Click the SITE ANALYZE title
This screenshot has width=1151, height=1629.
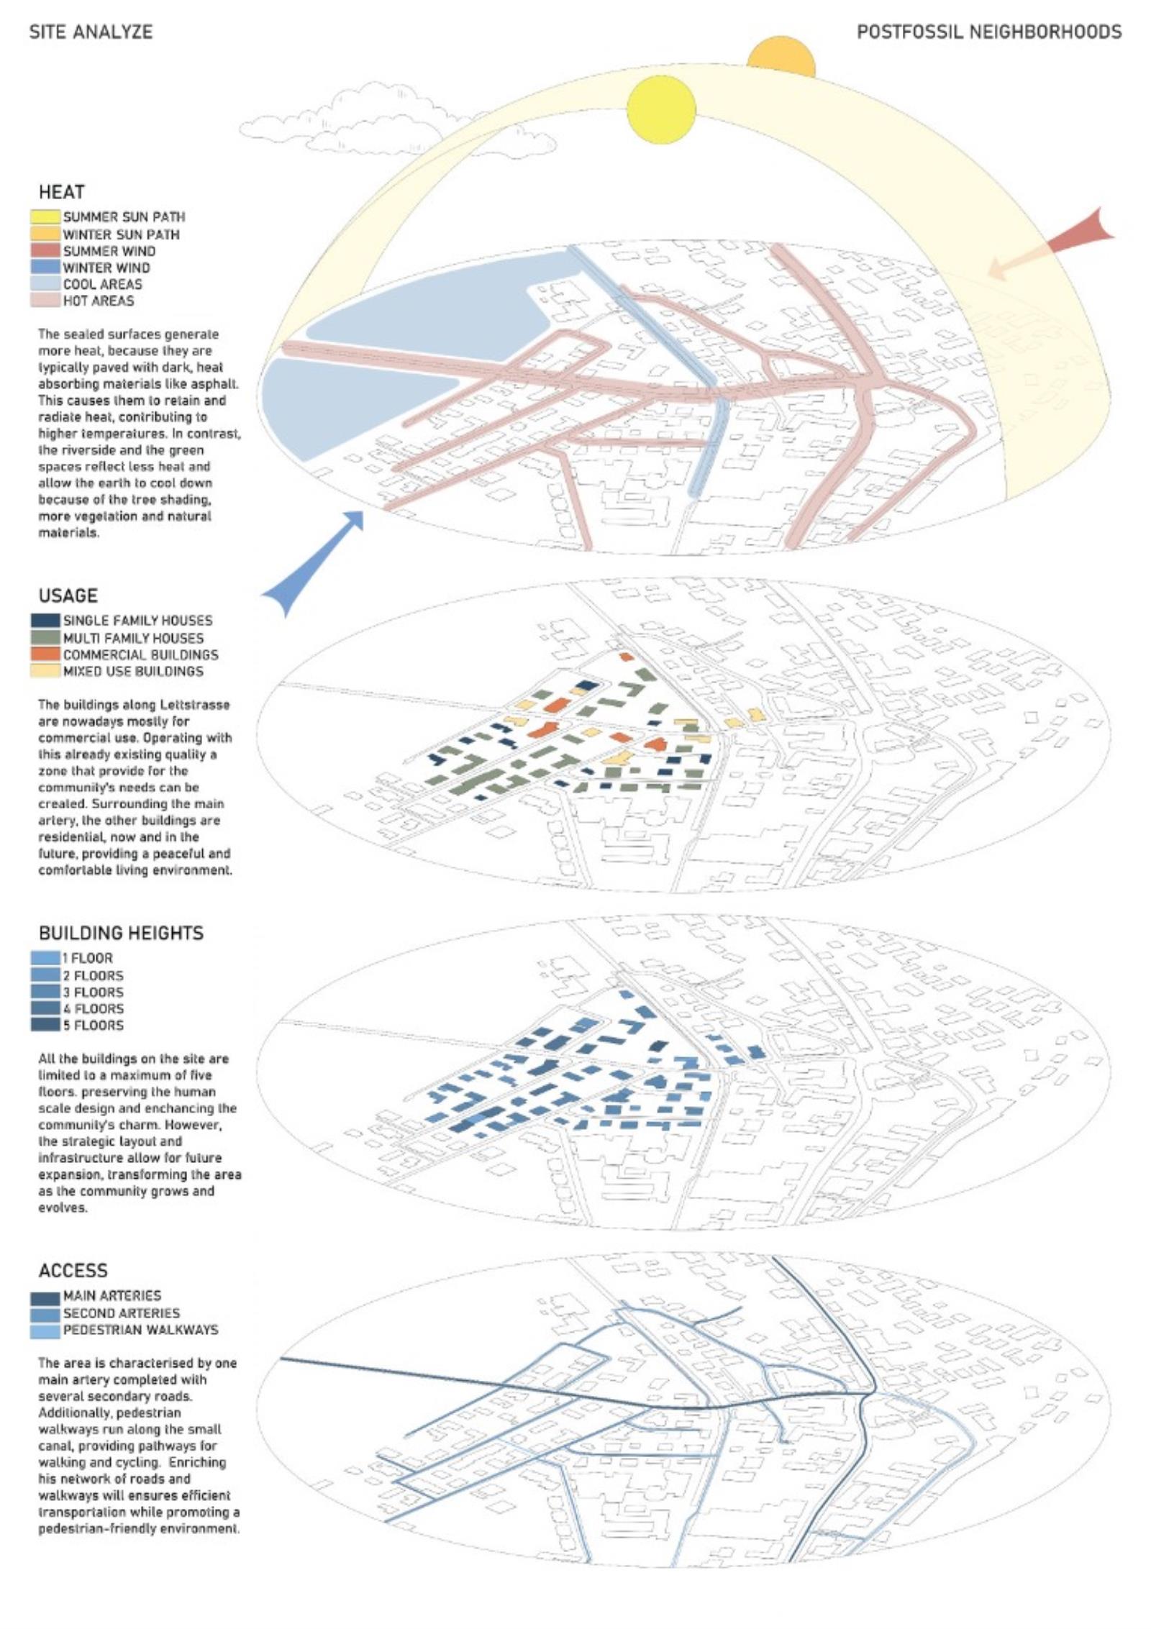(91, 32)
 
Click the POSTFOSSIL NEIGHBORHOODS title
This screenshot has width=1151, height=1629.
(989, 32)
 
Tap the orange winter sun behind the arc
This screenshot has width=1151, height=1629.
(781, 58)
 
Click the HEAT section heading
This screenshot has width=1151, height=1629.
(62, 192)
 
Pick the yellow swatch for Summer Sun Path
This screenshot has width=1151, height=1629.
(45, 216)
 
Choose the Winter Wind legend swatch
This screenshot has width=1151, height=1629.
(45, 268)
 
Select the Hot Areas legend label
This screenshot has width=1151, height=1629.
(99, 301)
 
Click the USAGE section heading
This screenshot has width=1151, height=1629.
(68, 596)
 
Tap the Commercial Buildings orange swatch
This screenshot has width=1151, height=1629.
(45, 654)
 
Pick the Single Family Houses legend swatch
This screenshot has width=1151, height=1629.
(45, 620)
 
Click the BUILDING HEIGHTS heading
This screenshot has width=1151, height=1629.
(122, 933)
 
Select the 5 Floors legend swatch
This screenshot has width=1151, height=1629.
(45, 1025)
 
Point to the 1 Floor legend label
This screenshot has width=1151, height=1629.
(88, 958)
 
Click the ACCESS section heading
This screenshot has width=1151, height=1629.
(73, 1270)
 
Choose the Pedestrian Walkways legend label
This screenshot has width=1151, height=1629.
(140, 1330)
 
